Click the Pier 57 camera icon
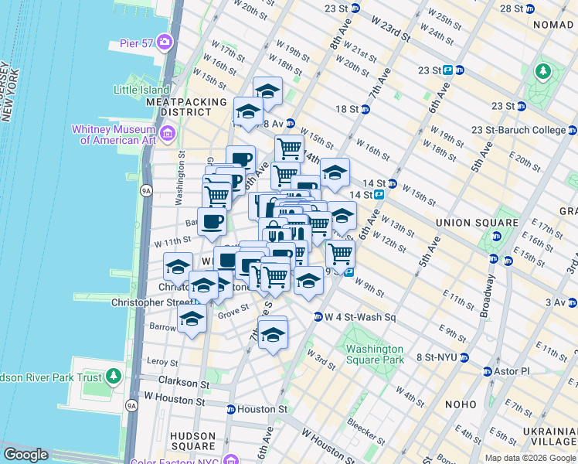165,41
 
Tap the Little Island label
142,90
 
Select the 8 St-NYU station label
436,357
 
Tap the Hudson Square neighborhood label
192,441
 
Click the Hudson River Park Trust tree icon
114,376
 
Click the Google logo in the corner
25,455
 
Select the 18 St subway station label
347,109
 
